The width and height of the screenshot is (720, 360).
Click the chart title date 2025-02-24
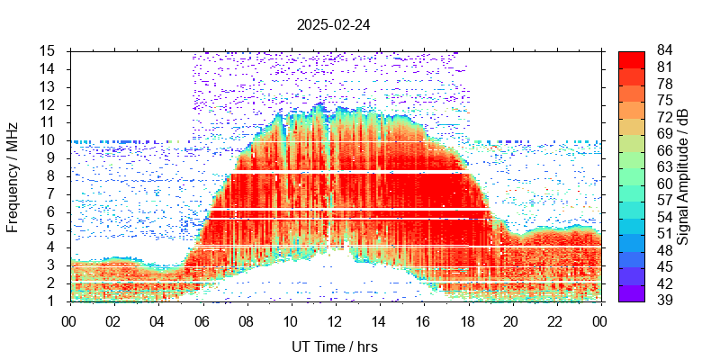tap(333, 25)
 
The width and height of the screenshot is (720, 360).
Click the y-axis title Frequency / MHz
tap(13, 175)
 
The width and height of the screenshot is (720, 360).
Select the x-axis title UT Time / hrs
tap(334, 346)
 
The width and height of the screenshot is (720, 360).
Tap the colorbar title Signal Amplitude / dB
tap(684, 176)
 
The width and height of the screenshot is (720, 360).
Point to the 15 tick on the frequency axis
tap(49, 50)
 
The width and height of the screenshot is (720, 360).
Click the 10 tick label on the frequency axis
tap(49, 140)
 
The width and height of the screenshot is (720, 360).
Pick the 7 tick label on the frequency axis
tap(52, 193)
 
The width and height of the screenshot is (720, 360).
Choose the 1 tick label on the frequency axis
tap(52, 301)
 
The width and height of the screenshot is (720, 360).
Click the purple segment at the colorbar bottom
tap(631, 292)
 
